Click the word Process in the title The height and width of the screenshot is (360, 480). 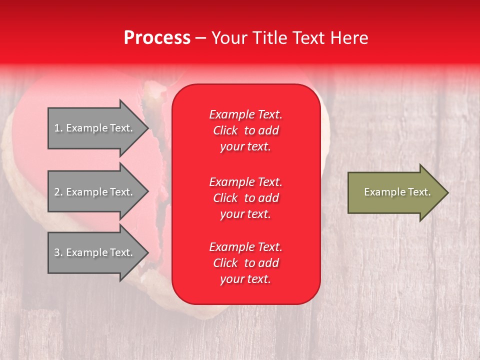tap(157, 37)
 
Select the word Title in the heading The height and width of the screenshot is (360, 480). tap(269, 37)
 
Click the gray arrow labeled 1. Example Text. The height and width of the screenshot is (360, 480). tap(98, 128)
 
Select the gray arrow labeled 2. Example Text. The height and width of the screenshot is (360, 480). tap(98, 191)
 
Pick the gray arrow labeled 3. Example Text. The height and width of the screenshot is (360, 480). tap(98, 252)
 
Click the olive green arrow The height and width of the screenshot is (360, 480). tap(398, 192)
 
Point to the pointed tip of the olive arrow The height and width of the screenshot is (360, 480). tap(449, 192)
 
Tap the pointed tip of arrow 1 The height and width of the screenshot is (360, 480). tap(149, 128)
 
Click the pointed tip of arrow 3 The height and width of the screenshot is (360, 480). tap(149, 252)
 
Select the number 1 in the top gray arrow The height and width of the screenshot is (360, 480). tap(57, 128)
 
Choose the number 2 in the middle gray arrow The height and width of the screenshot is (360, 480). tap(57, 192)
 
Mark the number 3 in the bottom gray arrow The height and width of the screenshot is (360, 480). tap(57, 252)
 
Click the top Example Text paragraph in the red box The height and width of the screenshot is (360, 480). tap(246, 130)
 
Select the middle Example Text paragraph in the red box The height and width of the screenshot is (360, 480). tap(246, 198)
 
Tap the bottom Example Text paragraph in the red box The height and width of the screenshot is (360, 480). tap(246, 263)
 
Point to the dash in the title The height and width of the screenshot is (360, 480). tap(201, 38)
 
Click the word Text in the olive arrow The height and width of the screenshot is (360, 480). tap(419, 192)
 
